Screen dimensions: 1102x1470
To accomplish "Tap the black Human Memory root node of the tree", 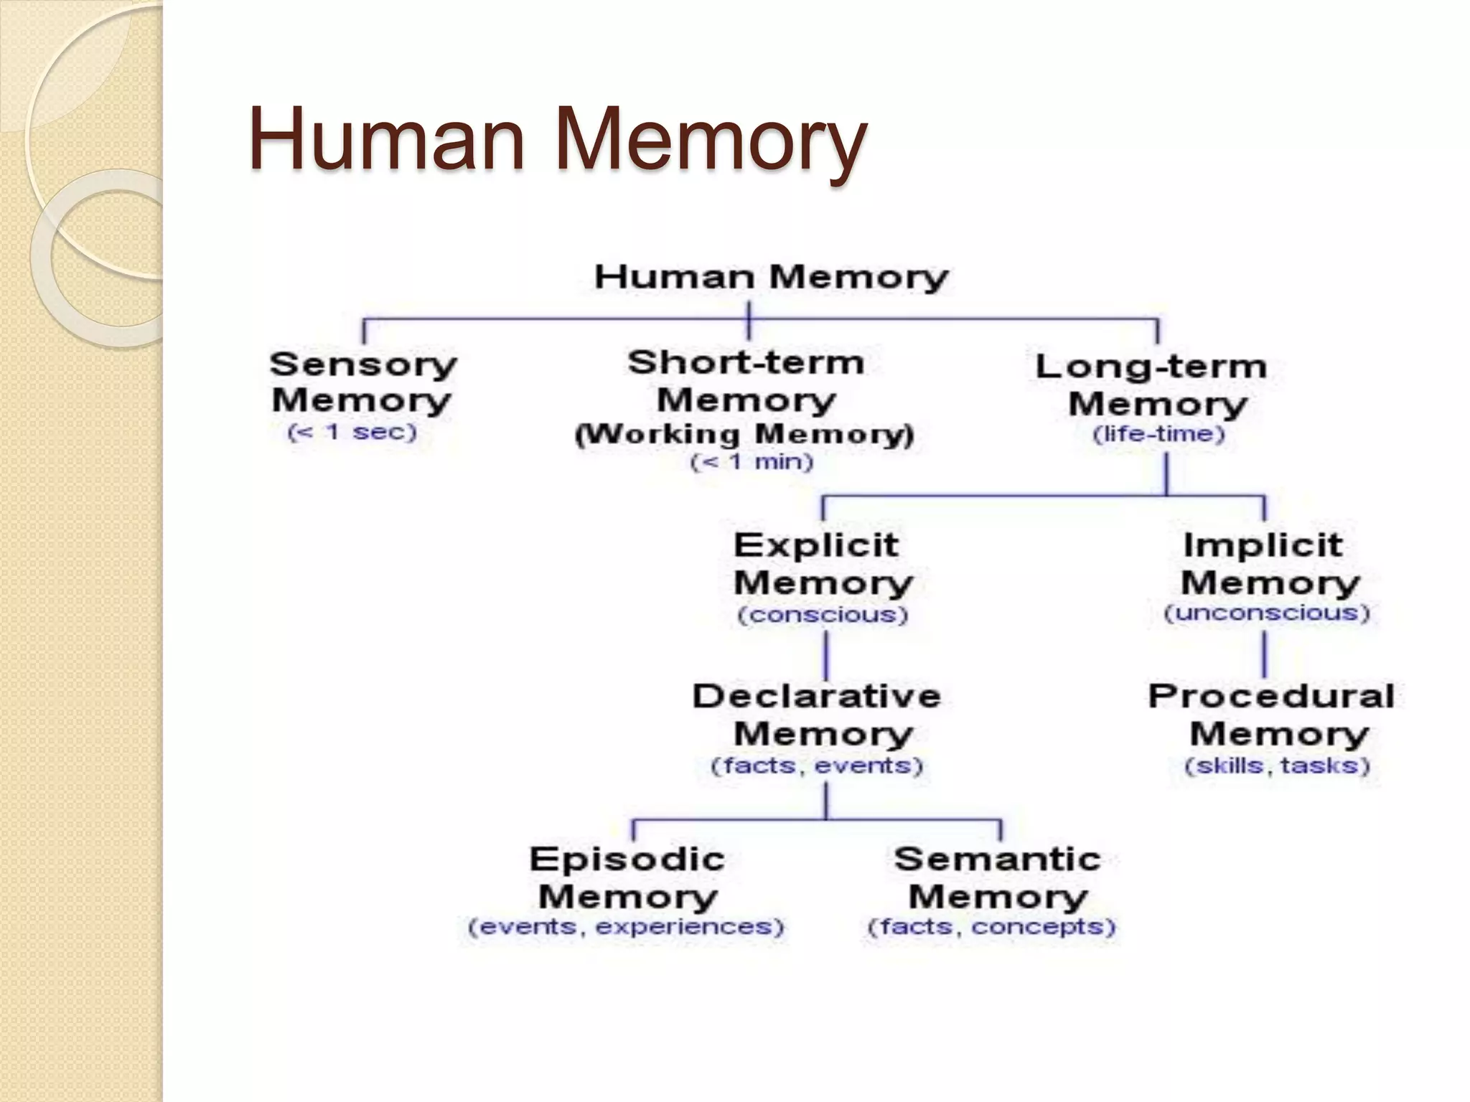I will pos(771,277).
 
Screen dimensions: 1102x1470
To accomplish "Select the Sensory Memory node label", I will pos(362,382).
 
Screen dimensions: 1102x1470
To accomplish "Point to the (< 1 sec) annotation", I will pos(352,433).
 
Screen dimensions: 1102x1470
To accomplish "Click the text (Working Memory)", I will pos(744,434).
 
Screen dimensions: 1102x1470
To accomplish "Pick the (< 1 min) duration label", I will pos(752,461).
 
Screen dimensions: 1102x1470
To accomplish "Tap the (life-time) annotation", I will pos(1158,434).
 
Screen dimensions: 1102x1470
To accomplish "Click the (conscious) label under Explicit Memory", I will pos(823,615).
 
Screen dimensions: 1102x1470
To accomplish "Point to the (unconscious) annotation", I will pos(1266,613).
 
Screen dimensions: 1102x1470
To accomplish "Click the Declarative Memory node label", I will pos(818,715).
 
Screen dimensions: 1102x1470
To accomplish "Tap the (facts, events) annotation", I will pos(816,766).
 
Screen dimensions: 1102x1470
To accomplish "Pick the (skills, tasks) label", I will pos(1277,766).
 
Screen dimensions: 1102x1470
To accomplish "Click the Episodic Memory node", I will pos(627,878).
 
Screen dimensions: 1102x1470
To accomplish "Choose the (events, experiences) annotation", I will pos(626,927).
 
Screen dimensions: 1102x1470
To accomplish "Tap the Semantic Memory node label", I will pos(997,878).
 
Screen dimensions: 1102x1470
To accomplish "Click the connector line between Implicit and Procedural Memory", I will pos(1264,654).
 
